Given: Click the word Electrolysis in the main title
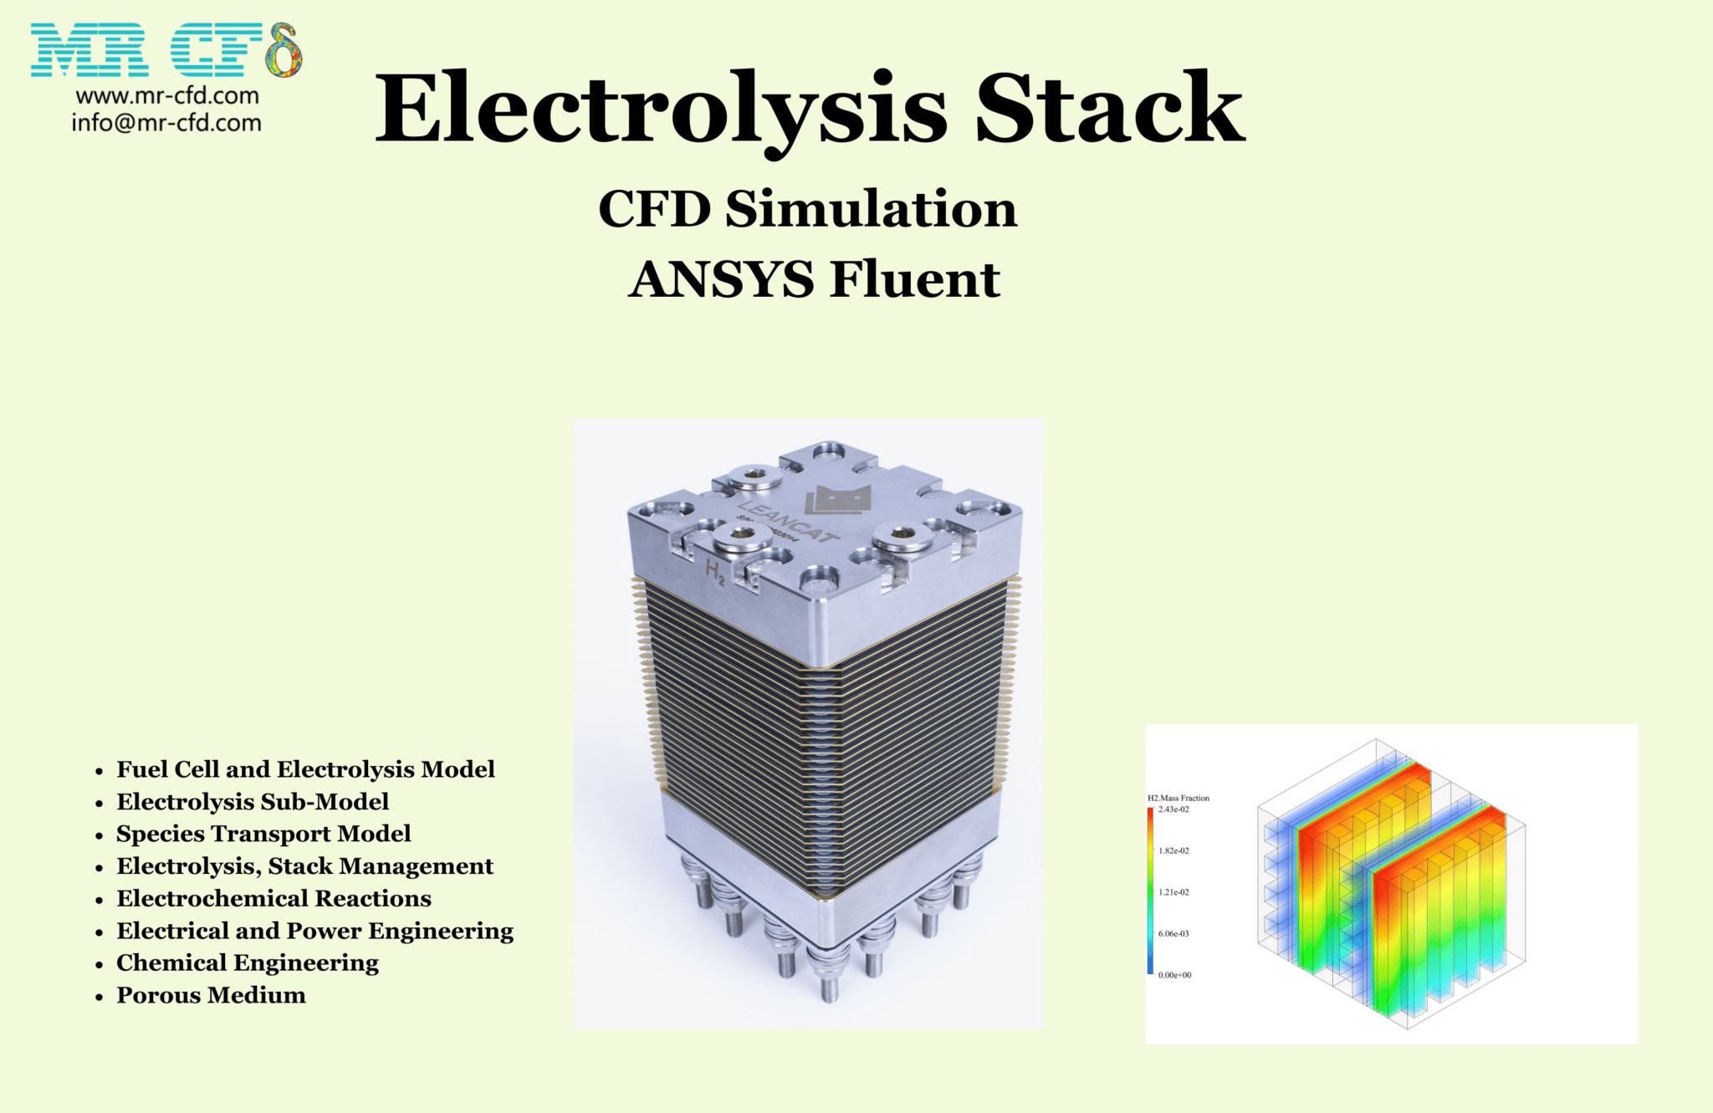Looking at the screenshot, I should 661,109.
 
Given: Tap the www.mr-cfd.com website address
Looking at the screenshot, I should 167,95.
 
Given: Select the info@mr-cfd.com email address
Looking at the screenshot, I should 166,123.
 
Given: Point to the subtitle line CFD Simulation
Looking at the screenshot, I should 807,208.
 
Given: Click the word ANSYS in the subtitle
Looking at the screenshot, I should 721,278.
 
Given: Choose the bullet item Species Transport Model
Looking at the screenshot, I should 263,834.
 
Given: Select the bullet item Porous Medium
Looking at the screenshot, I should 211,995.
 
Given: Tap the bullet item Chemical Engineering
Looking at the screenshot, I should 248,962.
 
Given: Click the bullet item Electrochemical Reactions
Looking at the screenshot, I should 274,898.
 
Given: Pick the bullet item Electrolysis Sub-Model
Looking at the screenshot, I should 253,801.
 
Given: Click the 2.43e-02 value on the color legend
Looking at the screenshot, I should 1174,809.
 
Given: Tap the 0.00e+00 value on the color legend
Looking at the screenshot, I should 1174,975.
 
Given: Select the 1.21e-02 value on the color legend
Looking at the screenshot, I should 1174,892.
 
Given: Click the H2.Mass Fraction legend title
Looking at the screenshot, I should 1178,798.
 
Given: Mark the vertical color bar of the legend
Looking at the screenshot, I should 1150,891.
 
